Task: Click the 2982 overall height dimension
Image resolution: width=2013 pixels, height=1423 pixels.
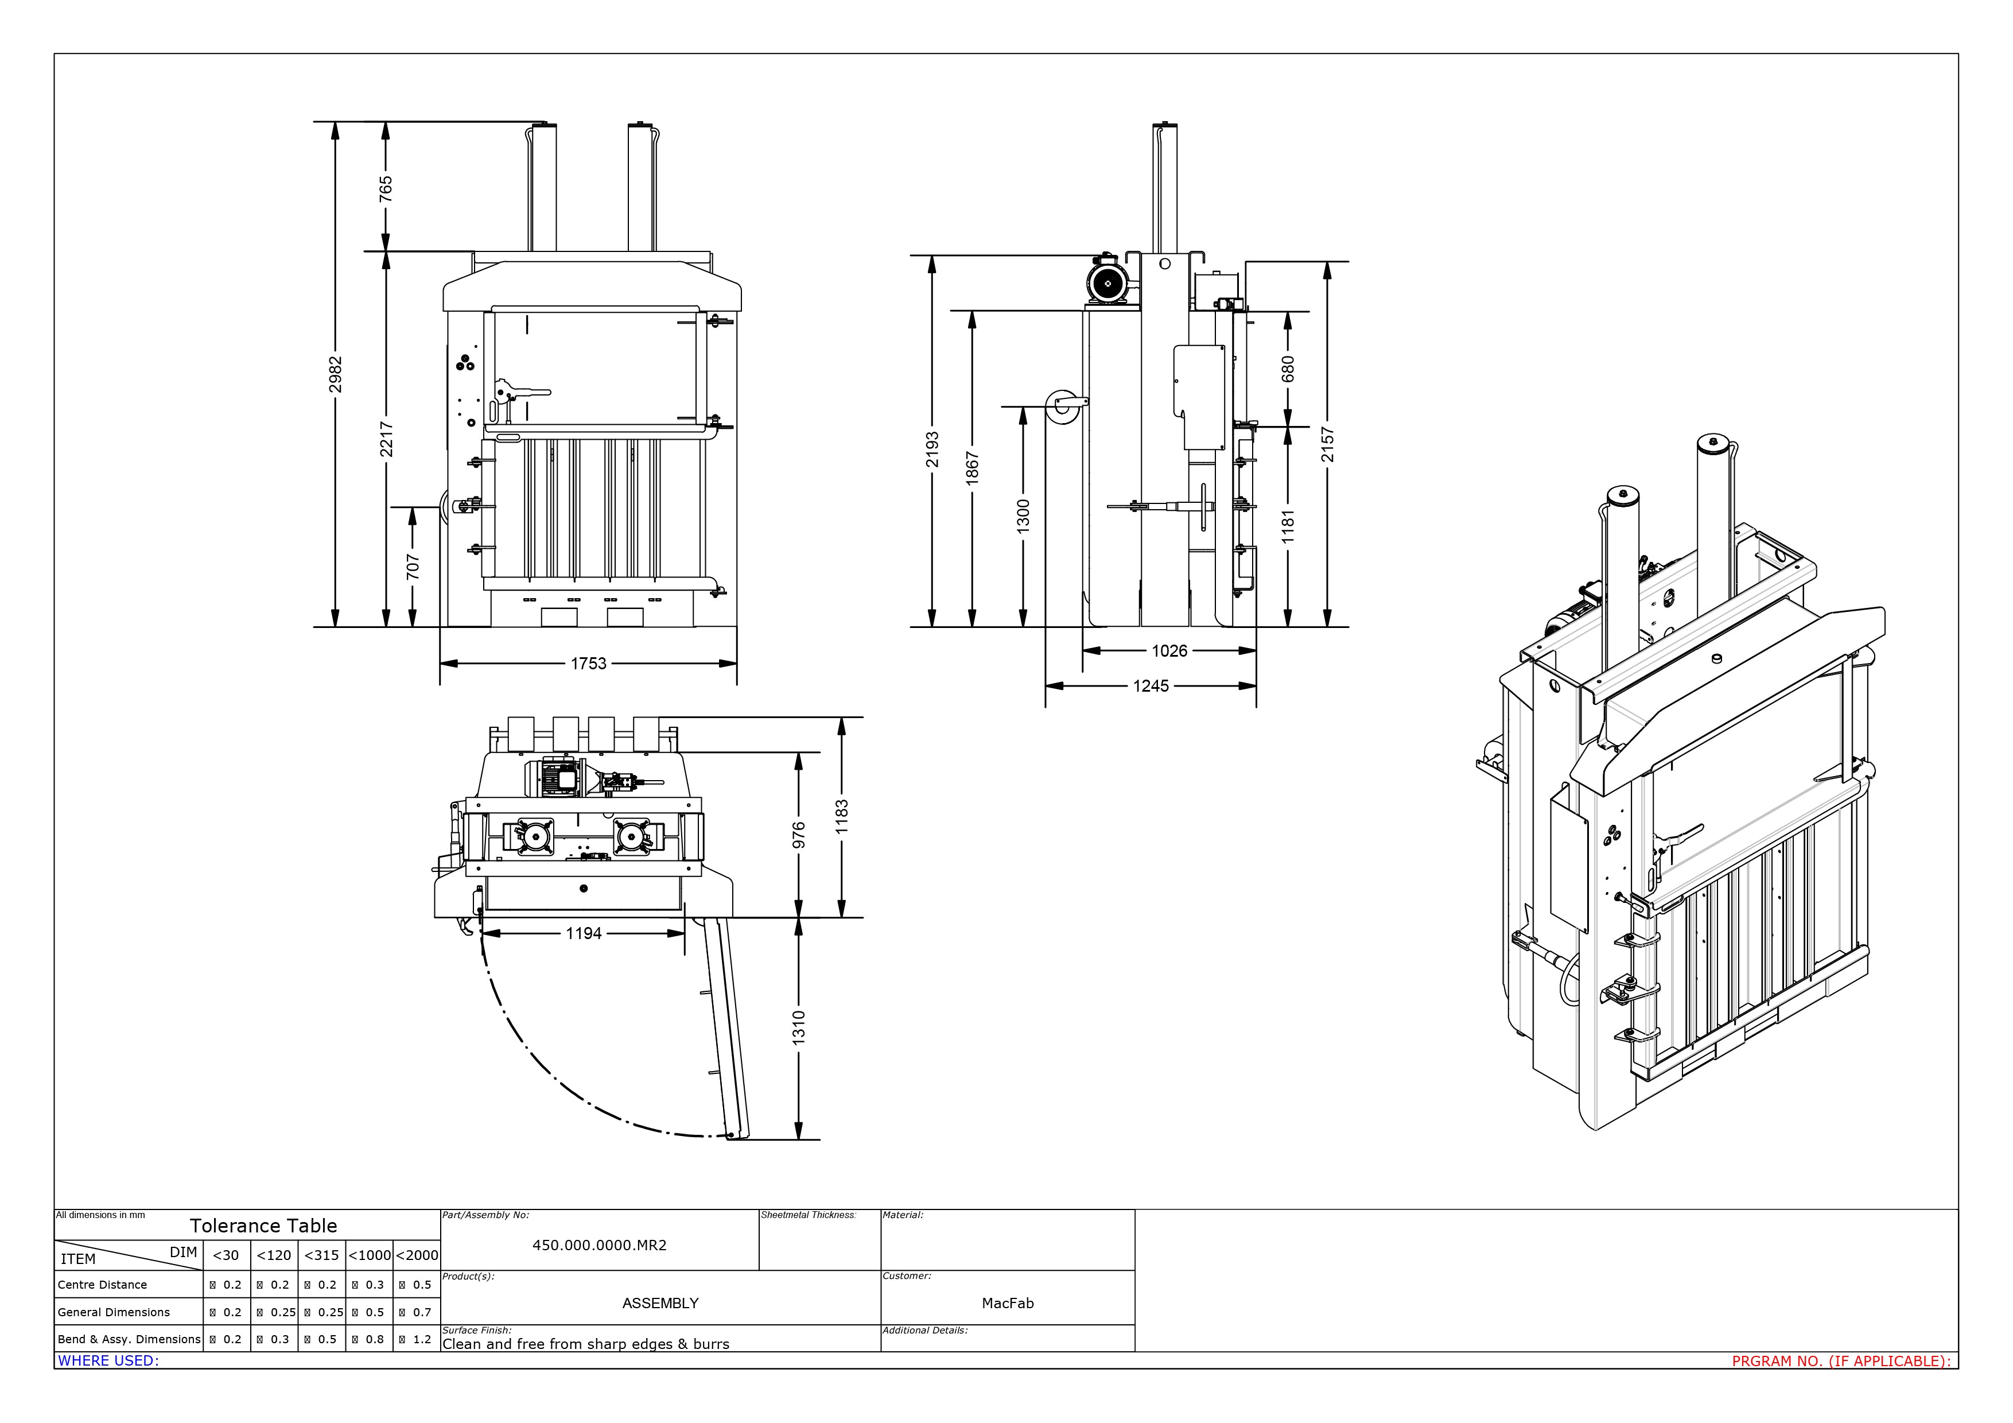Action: point(335,374)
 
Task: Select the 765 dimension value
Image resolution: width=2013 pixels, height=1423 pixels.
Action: point(386,188)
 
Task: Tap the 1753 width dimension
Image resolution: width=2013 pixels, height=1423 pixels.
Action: point(588,664)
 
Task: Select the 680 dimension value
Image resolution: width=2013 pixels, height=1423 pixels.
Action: point(1287,369)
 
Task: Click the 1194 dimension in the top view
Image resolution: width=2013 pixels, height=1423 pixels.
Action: point(583,934)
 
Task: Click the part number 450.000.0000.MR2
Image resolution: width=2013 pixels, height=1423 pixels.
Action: point(599,1245)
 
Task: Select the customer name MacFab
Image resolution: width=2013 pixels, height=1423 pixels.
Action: point(1008,1303)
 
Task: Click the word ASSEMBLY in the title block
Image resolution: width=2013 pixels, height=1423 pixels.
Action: point(660,1303)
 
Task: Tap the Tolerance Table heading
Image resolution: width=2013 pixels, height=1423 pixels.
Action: point(263,1226)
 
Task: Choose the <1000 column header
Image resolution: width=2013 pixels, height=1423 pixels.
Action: point(369,1255)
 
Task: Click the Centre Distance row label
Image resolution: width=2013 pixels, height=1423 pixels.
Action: point(103,1285)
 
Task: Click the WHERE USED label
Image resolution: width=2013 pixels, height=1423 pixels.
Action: point(108,1361)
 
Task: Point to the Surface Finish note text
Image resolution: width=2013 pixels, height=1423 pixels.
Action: point(586,1344)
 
